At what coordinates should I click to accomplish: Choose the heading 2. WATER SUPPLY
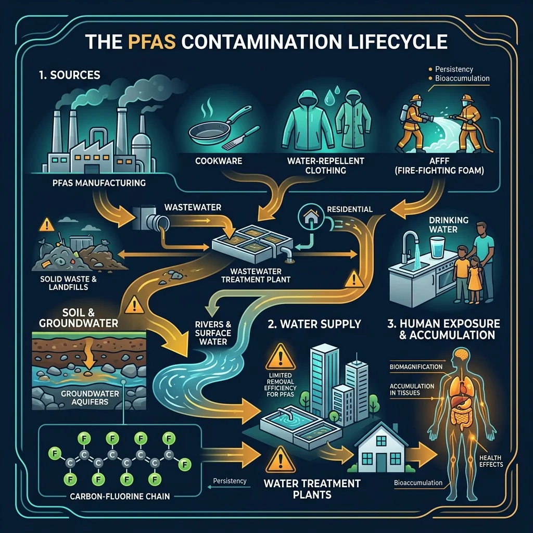pyautogui.click(x=314, y=324)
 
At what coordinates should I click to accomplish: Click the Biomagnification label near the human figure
pyautogui.click(x=416, y=367)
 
